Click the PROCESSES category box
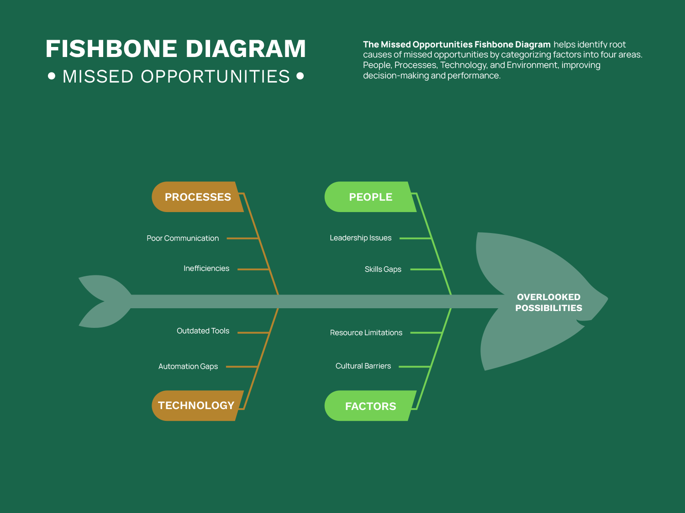point(197,197)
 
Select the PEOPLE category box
point(370,197)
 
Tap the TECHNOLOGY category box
point(196,405)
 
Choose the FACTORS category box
point(370,406)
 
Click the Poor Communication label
point(183,238)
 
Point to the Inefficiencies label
point(206,269)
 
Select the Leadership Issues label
point(360,238)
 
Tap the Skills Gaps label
point(383,269)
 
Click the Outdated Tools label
point(203,331)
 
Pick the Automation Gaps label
point(188,367)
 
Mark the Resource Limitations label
point(366,333)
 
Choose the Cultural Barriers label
point(363,366)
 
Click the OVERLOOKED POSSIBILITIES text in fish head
point(548,302)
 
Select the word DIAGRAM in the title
point(245,49)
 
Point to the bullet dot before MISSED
point(52,76)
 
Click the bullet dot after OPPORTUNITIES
point(300,76)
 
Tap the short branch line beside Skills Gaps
point(426,269)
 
